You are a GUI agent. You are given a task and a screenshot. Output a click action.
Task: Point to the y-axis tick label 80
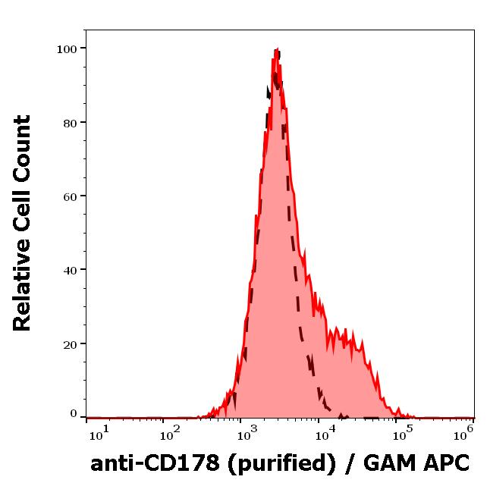[x=69, y=123]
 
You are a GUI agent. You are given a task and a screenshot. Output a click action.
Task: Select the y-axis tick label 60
[x=69, y=196]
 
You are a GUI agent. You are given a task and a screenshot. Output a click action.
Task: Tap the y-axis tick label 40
[x=69, y=270]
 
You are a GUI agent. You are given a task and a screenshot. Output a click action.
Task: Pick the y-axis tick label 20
[x=69, y=343]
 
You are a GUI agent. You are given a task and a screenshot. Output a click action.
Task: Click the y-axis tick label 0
[x=74, y=414]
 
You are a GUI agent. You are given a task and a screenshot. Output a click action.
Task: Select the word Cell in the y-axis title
[x=23, y=216]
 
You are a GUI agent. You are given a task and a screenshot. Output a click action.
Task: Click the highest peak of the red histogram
[x=275, y=50]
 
